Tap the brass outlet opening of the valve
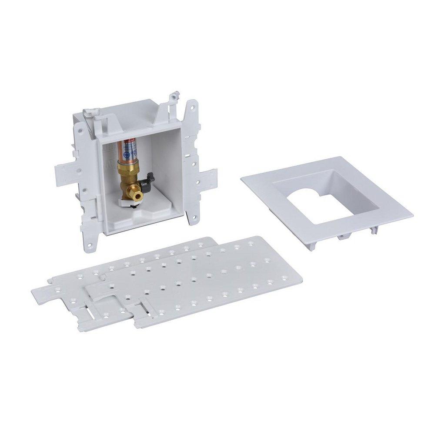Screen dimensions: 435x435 point(138,197)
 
